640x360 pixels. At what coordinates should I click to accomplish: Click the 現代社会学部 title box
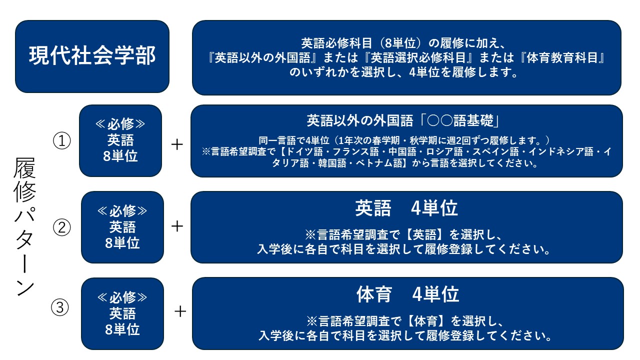(x=92, y=56)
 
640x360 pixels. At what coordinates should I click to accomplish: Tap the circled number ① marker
(x=61, y=140)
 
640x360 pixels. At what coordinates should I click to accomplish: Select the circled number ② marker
(x=61, y=227)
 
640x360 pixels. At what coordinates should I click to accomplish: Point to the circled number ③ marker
(x=60, y=307)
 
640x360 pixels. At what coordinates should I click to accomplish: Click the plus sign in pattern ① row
(x=177, y=144)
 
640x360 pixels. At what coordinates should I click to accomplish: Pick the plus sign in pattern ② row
(x=177, y=226)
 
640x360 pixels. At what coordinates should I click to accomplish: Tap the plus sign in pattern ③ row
(x=180, y=311)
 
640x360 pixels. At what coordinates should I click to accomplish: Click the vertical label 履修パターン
(x=25, y=226)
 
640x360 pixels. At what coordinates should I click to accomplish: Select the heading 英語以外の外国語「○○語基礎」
(x=403, y=120)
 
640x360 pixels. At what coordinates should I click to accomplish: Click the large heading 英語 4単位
(x=406, y=208)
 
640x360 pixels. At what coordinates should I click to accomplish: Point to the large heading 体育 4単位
(x=407, y=294)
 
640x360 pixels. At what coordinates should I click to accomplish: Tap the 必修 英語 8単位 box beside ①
(x=120, y=140)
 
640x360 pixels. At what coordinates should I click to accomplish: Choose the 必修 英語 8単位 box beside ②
(x=122, y=227)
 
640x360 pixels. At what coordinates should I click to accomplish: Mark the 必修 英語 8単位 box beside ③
(x=122, y=313)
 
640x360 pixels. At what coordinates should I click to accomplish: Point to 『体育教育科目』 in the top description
(x=561, y=57)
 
